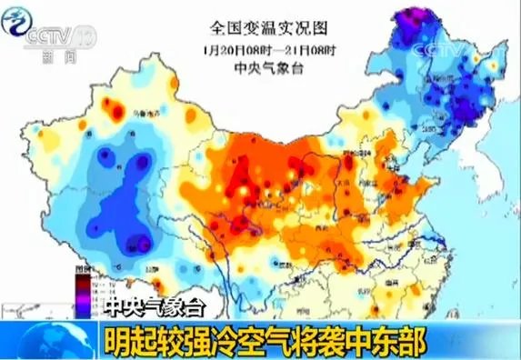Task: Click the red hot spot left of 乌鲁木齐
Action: tap(115, 110)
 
